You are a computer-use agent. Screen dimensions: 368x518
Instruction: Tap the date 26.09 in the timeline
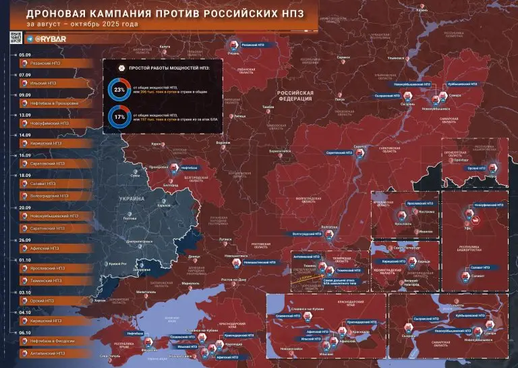(x=25, y=239)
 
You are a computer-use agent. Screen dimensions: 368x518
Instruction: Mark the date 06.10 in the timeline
(x=25, y=333)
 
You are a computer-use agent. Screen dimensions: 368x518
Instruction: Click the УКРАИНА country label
(x=132, y=199)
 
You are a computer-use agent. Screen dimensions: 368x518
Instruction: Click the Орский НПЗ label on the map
(x=477, y=167)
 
